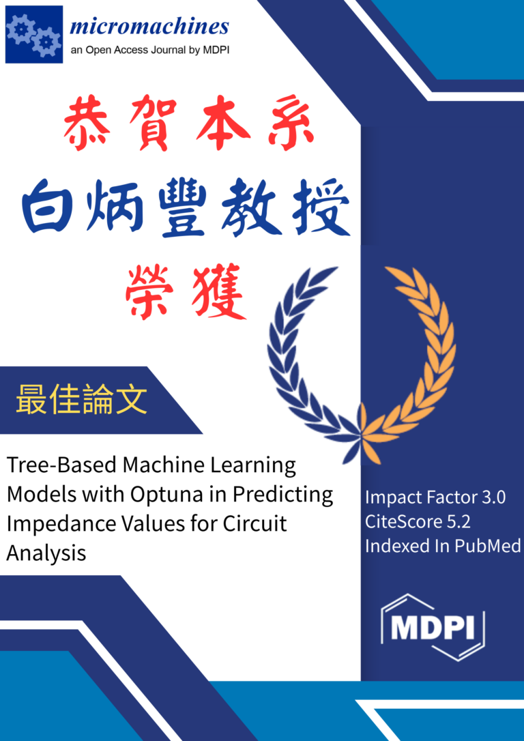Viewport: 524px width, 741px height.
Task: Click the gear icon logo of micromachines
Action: (34, 35)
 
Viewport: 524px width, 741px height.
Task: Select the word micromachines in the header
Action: (149, 27)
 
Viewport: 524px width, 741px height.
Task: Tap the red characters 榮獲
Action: (185, 293)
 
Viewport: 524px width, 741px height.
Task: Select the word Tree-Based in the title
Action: (61, 466)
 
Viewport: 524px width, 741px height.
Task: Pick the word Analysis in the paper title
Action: (46, 553)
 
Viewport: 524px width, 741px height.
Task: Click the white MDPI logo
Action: (433, 627)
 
